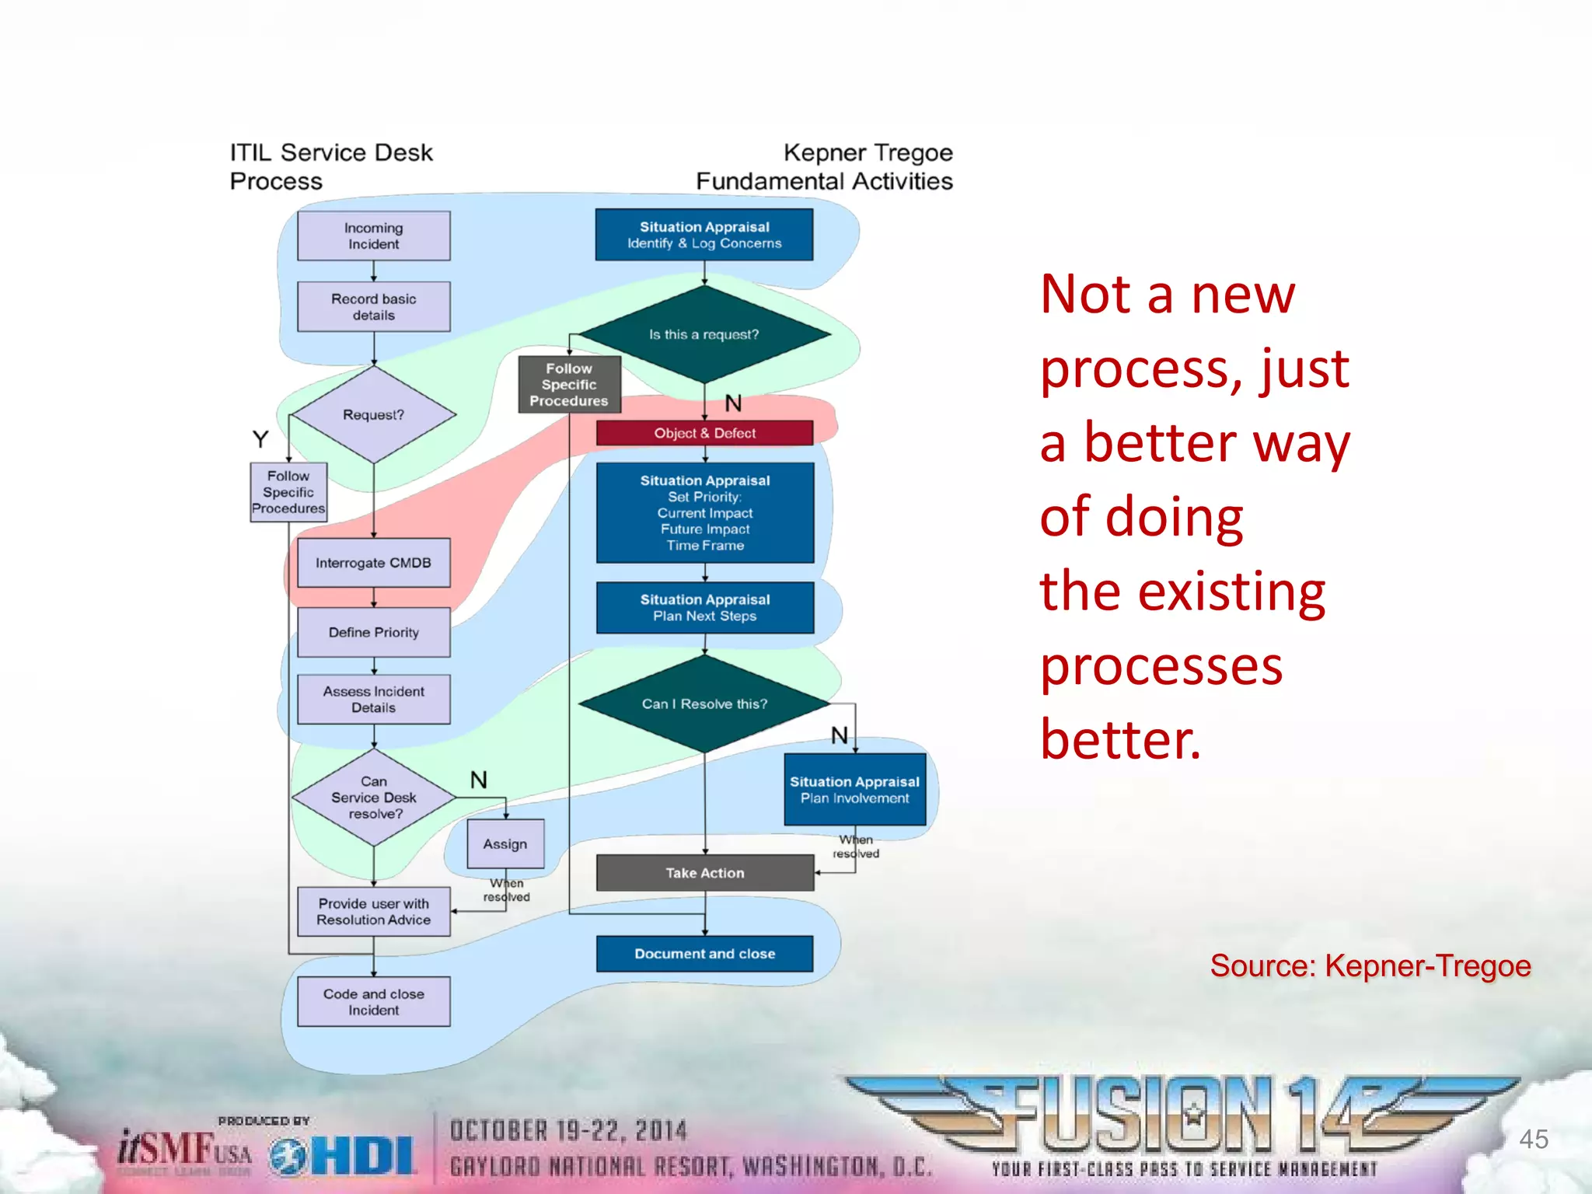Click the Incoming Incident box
(x=373, y=236)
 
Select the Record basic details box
(x=373, y=307)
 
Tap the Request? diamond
(x=373, y=414)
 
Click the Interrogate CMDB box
(x=373, y=563)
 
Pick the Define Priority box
(x=373, y=632)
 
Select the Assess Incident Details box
(x=373, y=699)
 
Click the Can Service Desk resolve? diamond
(x=373, y=798)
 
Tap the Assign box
(x=505, y=843)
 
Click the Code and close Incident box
(x=373, y=1001)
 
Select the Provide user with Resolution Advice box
(x=373, y=911)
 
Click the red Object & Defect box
(x=704, y=433)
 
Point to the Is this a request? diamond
(x=704, y=334)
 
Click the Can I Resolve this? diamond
(x=704, y=703)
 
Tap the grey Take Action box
(x=704, y=873)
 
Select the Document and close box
(x=704, y=954)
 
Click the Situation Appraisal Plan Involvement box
(x=854, y=790)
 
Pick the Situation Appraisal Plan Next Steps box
(x=704, y=607)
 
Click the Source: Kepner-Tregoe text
(x=1370, y=965)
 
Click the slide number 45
(x=1533, y=1139)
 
